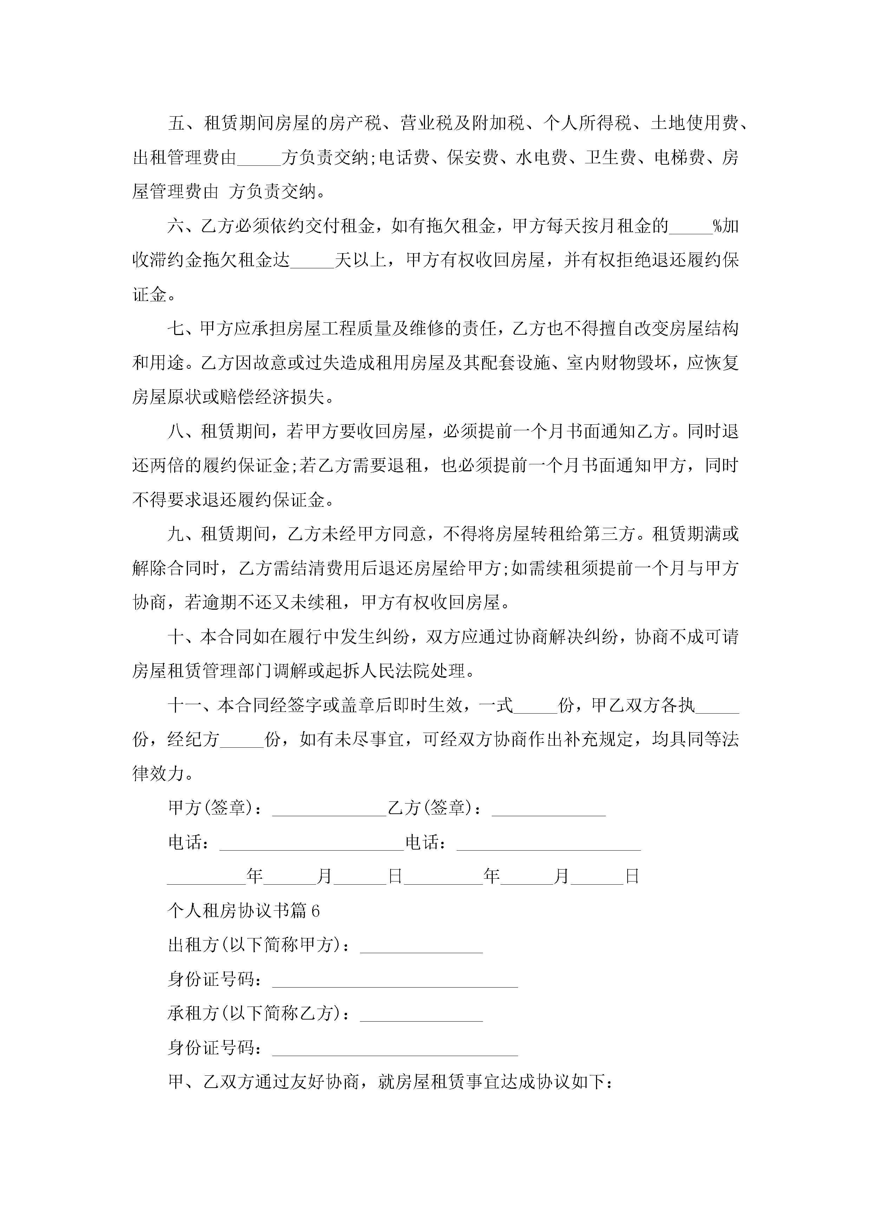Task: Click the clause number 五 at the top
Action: click(177, 123)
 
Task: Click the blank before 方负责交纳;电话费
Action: click(259, 159)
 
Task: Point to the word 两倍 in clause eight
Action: click(158, 466)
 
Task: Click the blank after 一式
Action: click(536, 706)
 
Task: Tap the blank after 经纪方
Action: click(242, 740)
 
